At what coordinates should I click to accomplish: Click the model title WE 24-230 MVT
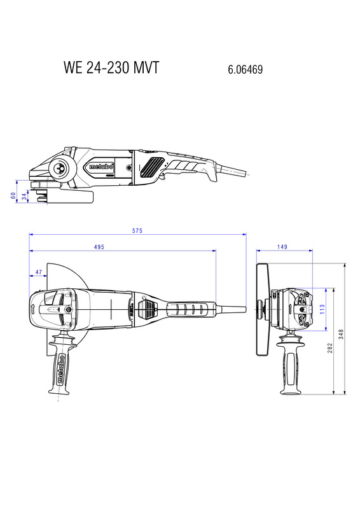pyautogui.click(x=111, y=67)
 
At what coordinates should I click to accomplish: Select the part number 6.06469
pyautogui.click(x=245, y=69)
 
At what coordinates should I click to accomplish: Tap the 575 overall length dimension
pyautogui.click(x=137, y=231)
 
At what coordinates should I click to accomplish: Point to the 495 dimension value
pyautogui.click(x=99, y=247)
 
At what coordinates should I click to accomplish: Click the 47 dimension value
pyautogui.click(x=39, y=272)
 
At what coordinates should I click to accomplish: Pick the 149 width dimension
pyautogui.click(x=282, y=247)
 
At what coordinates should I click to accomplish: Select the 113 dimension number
pyautogui.click(x=322, y=309)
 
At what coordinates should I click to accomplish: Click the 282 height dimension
pyautogui.click(x=330, y=348)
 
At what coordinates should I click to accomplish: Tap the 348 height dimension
pyautogui.click(x=341, y=335)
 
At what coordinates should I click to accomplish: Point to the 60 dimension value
pyautogui.click(x=13, y=195)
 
